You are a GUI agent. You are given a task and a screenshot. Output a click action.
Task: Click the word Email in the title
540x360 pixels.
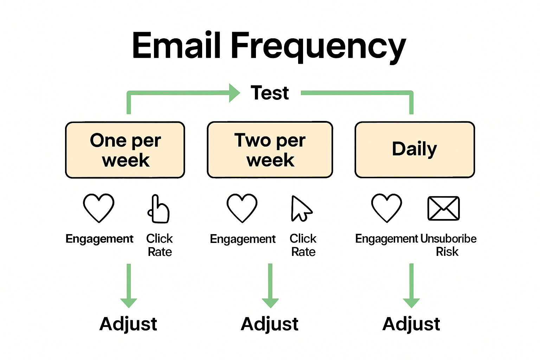(176, 46)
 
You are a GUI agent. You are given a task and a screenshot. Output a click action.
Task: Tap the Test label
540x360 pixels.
(270, 93)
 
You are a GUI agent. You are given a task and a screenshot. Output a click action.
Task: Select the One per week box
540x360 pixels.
(125, 150)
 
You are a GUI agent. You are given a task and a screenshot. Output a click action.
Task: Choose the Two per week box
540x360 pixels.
(270, 150)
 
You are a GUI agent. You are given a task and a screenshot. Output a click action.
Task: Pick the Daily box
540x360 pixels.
(414, 149)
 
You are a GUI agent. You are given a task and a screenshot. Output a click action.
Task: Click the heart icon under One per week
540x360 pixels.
(98, 208)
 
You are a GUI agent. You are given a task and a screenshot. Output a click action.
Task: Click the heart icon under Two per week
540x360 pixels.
(242, 208)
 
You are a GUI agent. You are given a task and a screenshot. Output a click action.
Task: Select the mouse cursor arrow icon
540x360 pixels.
(301, 209)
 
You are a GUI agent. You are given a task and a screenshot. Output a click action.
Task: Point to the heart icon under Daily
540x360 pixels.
(386, 208)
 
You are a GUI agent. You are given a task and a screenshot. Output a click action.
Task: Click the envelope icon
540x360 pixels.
(443, 208)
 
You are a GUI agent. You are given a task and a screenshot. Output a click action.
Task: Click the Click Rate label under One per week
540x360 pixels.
(160, 245)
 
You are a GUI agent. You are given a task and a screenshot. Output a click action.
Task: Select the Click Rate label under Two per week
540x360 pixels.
(303, 245)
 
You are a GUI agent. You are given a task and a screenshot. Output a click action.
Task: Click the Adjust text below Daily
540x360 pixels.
(411, 324)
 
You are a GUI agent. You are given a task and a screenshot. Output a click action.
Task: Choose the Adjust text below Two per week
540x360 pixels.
(270, 324)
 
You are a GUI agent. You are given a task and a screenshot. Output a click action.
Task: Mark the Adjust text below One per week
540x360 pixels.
(128, 324)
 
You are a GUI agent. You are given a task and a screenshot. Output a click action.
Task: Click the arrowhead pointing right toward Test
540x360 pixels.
(234, 93)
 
